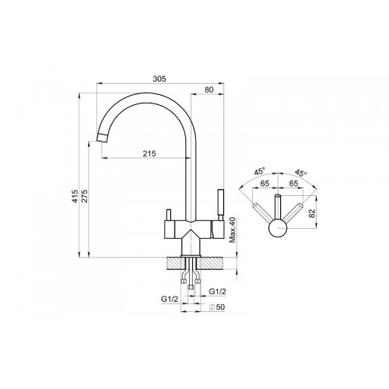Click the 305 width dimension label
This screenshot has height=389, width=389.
[159, 79]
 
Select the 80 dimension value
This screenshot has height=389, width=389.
[209, 89]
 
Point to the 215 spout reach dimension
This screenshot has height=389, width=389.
[149, 153]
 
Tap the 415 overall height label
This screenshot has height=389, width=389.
[75, 196]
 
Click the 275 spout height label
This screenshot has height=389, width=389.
[86, 196]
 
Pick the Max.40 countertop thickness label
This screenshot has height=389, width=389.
[233, 230]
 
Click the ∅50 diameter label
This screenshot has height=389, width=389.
[217, 307]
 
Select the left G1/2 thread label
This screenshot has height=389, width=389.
[170, 299]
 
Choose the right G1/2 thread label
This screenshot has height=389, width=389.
[217, 292]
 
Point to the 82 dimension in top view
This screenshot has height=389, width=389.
[312, 213]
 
